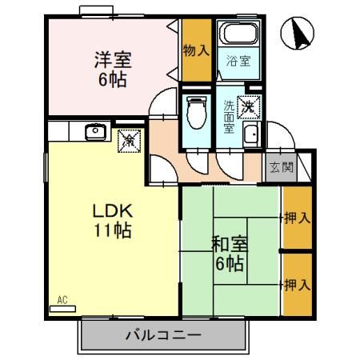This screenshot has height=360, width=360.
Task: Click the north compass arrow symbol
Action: click(298, 34)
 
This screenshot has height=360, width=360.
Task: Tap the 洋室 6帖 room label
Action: click(112, 70)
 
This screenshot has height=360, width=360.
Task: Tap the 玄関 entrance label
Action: click(280, 167)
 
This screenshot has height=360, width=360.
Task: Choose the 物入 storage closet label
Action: click(196, 50)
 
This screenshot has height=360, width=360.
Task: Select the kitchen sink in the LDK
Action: click(94, 130)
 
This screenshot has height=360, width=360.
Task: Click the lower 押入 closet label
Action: click(297, 284)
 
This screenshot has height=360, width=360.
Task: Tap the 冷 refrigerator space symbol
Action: click(128, 141)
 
